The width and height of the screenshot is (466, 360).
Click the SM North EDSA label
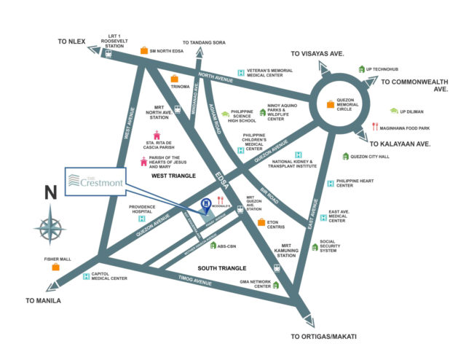(170, 51)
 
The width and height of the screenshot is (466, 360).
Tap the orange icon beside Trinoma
(174, 79)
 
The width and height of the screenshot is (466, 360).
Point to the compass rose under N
(50, 224)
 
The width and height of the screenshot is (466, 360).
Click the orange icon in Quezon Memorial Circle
(331, 103)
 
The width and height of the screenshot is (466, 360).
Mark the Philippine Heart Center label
(355, 182)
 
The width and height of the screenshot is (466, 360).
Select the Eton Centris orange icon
(261, 222)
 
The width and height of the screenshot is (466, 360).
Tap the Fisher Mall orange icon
(55, 267)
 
